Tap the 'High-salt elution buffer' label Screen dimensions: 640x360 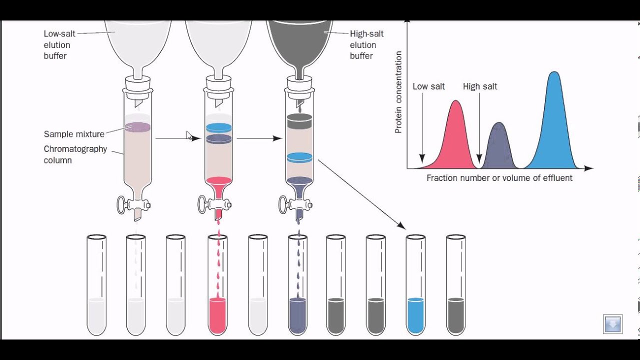pyautogui.click(x=366, y=45)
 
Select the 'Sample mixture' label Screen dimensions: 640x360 pyautogui.click(x=74, y=134)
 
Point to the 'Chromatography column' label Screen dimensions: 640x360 pyautogui.click(x=75, y=154)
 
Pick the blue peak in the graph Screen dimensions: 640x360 pyautogui.click(x=553, y=125)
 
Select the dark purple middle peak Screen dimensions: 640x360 pyautogui.click(x=497, y=147)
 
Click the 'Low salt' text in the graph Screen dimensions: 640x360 pyautogui.click(x=428, y=86)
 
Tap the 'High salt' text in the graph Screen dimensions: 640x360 pyautogui.click(x=480, y=86)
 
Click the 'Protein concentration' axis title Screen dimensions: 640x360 pyautogui.click(x=398, y=92)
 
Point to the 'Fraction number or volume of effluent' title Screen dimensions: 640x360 pyautogui.click(x=499, y=178)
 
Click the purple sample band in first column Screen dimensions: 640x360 pyautogui.click(x=137, y=127)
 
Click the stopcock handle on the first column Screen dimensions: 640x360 pyautogui.click(x=121, y=204)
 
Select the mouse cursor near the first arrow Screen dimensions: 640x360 pyautogui.click(x=189, y=135)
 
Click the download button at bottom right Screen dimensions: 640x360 pyautogui.click(x=612, y=324)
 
